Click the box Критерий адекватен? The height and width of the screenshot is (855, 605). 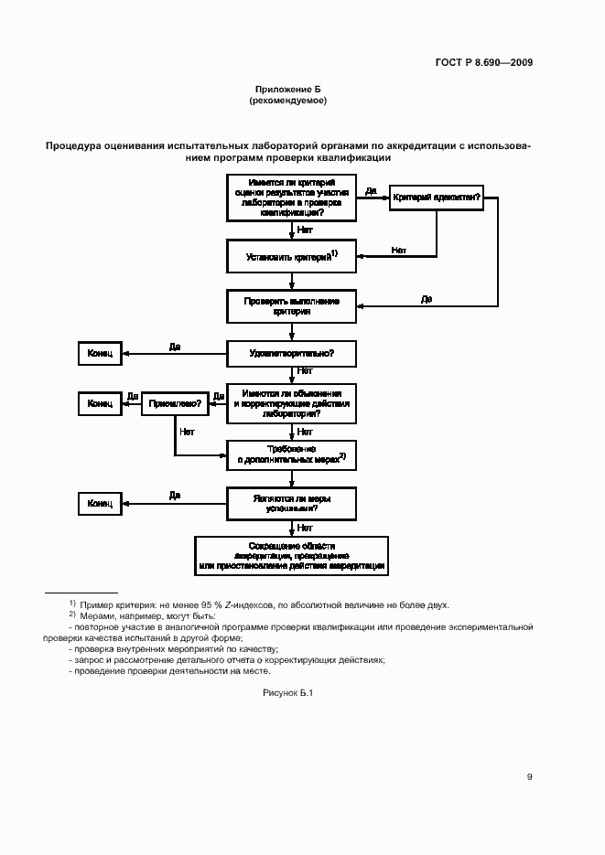click(436, 198)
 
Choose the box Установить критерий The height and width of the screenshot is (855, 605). click(292, 257)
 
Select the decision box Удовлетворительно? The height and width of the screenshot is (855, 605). click(292, 353)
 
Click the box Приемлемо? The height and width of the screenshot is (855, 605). click(174, 402)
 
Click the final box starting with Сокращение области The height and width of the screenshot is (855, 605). click(292, 554)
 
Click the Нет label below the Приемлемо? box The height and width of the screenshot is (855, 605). click(188, 431)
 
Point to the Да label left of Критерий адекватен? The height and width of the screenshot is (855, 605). click(371, 190)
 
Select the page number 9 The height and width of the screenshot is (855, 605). click(529, 777)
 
